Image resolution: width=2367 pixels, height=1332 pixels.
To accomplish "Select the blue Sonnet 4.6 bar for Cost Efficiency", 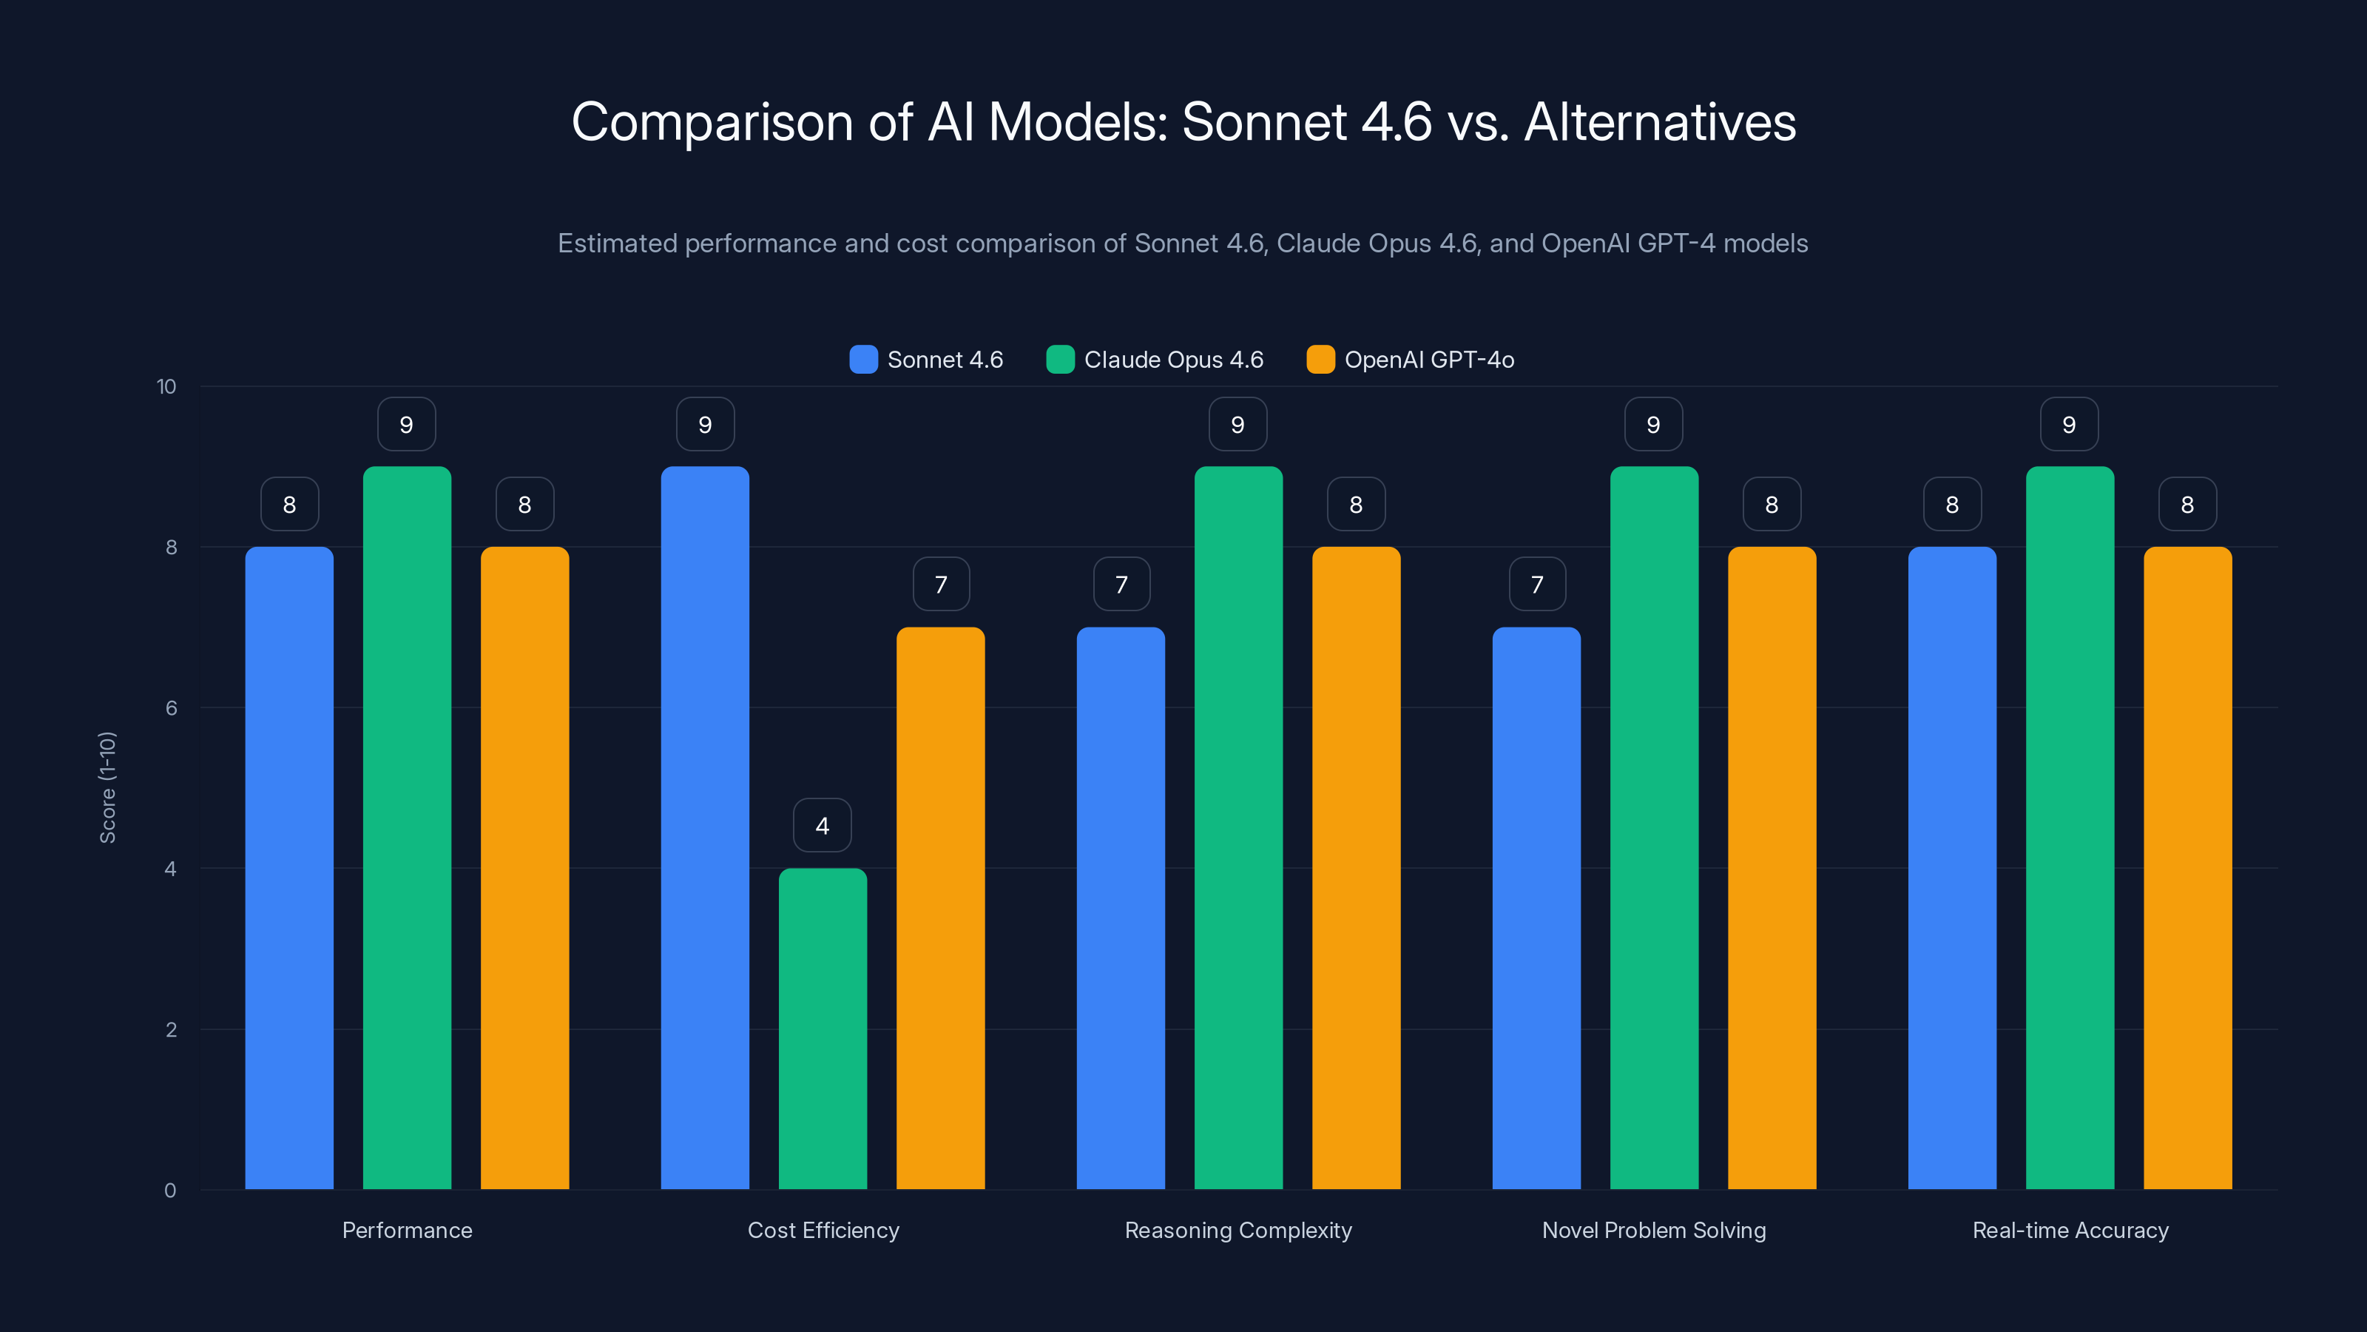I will click(705, 827).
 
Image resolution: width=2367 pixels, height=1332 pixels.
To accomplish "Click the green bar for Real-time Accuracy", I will click(2070, 827).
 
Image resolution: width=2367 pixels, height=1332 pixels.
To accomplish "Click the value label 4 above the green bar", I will click(823, 826).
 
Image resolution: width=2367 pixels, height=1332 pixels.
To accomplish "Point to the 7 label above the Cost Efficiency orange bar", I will click(941, 585).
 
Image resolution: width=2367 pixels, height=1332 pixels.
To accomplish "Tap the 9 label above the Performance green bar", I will click(406, 425).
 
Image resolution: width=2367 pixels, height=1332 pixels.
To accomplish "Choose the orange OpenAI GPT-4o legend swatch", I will click(1320, 360).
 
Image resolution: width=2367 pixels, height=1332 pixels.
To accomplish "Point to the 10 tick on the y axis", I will click(166, 387).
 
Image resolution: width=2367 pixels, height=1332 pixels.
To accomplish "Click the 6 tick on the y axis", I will click(171, 708).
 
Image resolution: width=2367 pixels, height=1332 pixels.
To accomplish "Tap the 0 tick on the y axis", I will click(170, 1191).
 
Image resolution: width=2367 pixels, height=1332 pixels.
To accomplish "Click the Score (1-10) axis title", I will click(107, 788).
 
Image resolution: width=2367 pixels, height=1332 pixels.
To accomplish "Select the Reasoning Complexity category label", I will click(1237, 1230).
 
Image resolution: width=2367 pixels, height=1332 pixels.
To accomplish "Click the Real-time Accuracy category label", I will click(2070, 1230).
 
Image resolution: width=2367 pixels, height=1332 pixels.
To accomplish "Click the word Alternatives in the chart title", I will click(1659, 122).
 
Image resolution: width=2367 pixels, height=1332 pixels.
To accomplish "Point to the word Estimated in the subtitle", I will click(617, 243).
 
